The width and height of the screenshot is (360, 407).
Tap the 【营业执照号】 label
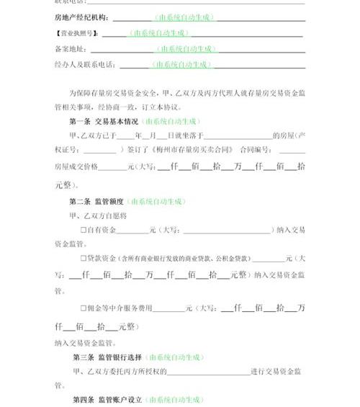77,33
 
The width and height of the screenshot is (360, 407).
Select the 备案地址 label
70,49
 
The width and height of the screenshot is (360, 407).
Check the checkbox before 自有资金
84,230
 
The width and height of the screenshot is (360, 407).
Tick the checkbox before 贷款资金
84,258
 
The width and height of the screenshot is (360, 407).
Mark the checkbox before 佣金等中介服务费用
84,308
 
